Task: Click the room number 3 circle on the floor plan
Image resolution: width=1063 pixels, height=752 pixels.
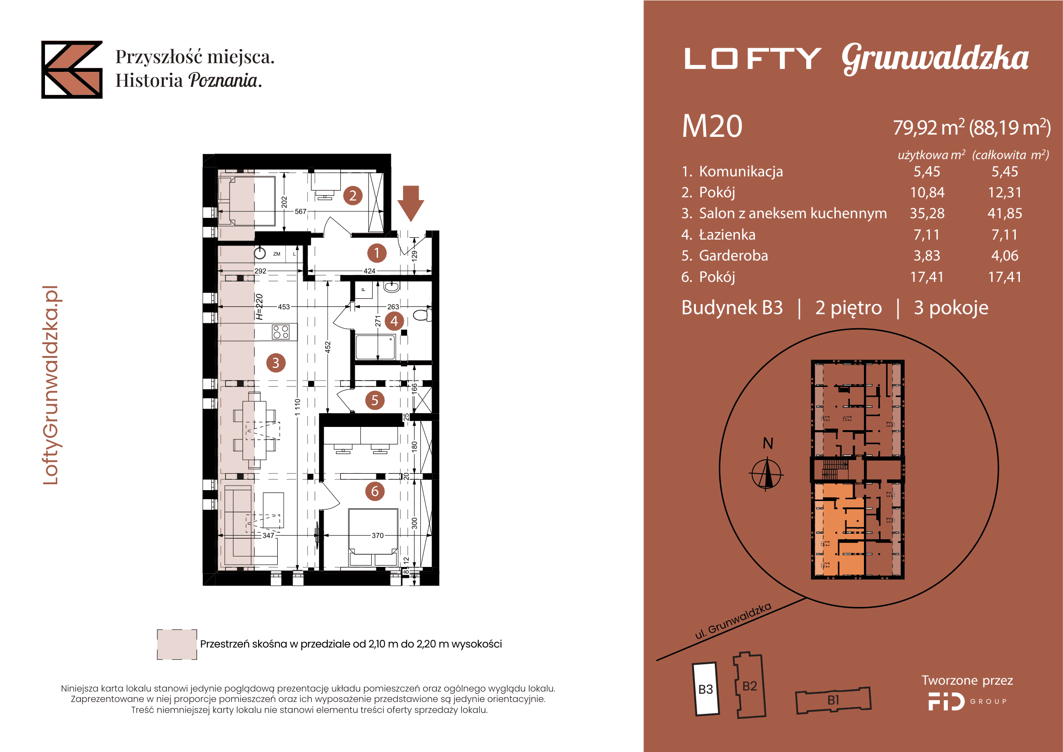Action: pyautogui.click(x=275, y=362)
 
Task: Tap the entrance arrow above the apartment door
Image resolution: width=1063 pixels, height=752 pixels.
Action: pyautogui.click(x=411, y=203)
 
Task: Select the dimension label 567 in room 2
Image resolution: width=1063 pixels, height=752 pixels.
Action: pyautogui.click(x=300, y=211)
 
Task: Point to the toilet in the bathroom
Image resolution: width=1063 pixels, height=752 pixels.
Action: pyautogui.click(x=422, y=316)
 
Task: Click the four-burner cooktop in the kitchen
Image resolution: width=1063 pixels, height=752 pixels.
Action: pyautogui.click(x=281, y=331)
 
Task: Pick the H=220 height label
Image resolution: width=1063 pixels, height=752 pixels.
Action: pyautogui.click(x=259, y=306)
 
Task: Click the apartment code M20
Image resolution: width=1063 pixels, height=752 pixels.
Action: pyautogui.click(x=712, y=126)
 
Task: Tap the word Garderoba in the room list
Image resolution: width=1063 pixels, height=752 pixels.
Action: pyautogui.click(x=734, y=255)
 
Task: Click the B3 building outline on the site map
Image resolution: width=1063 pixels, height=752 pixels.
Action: pyautogui.click(x=706, y=689)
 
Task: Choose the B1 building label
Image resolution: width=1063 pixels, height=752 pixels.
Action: pyautogui.click(x=833, y=700)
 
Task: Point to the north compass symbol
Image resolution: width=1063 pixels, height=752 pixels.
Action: pyautogui.click(x=766, y=473)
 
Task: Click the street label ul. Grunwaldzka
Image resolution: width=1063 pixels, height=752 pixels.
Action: pyautogui.click(x=733, y=621)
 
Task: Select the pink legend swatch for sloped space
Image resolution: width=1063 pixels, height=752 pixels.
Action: pyautogui.click(x=177, y=644)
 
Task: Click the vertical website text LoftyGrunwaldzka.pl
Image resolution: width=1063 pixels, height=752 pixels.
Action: pyautogui.click(x=51, y=385)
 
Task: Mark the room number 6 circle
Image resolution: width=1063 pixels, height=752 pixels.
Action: pyautogui.click(x=374, y=491)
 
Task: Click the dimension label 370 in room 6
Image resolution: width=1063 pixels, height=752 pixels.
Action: pyautogui.click(x=377, y=535)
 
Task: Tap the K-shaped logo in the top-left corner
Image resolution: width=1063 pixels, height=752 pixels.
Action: pyautogui.click(x=72, y=70)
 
